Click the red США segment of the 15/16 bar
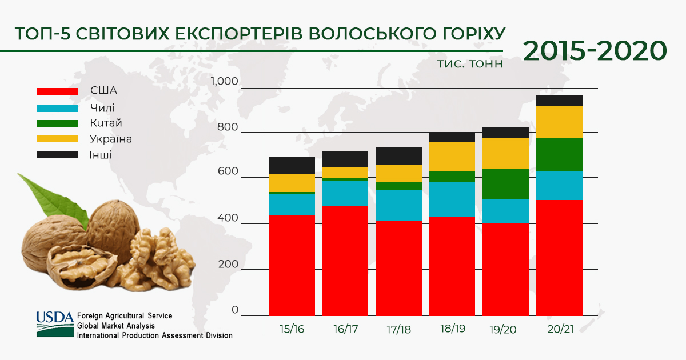click(x=292, y=265)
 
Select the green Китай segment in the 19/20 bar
click(x=505, y=184)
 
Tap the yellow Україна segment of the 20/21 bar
click(x=559, y=122)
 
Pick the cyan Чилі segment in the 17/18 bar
click(x=398, y=205)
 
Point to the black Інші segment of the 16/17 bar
click(x=345, y=159)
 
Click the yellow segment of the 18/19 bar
click(x=452, y=157)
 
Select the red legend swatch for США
click(x=58, y=91)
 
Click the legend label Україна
click(x=111, y=139)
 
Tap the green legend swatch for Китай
click(x=58, y=123)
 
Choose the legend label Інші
click(x=101, y=155)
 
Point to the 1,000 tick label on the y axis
click(x=224, y=81)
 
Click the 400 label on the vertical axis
click(x=228, y=218)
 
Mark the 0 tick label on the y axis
click(x=235, y=310)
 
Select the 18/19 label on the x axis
click(x=453, y=329)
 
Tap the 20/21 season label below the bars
click(x=560, y=329)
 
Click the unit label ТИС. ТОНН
click(x=470, y=64)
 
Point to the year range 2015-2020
click(x=595, y=51)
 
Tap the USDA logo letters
click(x=55, y=318)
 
